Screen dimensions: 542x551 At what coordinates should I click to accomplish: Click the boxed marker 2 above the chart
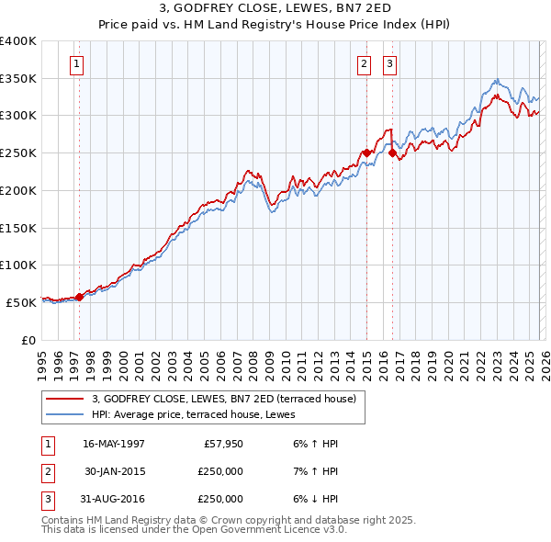(365, 64)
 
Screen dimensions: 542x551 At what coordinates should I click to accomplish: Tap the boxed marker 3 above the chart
(389, 64)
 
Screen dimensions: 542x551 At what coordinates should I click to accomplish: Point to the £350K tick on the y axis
(18, 79)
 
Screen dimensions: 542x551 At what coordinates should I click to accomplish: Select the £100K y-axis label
(18, 265)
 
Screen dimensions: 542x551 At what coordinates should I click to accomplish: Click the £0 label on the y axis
(28, 339)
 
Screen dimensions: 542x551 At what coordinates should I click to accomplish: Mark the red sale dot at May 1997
(79, 296)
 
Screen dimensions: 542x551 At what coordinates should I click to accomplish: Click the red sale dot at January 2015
(366, 153)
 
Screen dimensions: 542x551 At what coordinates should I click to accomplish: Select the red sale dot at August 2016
(392, 153)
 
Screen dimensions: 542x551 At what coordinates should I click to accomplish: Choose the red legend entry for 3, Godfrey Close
(230, 398)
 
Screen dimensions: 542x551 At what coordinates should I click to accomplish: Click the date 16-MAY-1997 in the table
(114, 444)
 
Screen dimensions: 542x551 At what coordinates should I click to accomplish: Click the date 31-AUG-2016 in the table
(114, 499)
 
